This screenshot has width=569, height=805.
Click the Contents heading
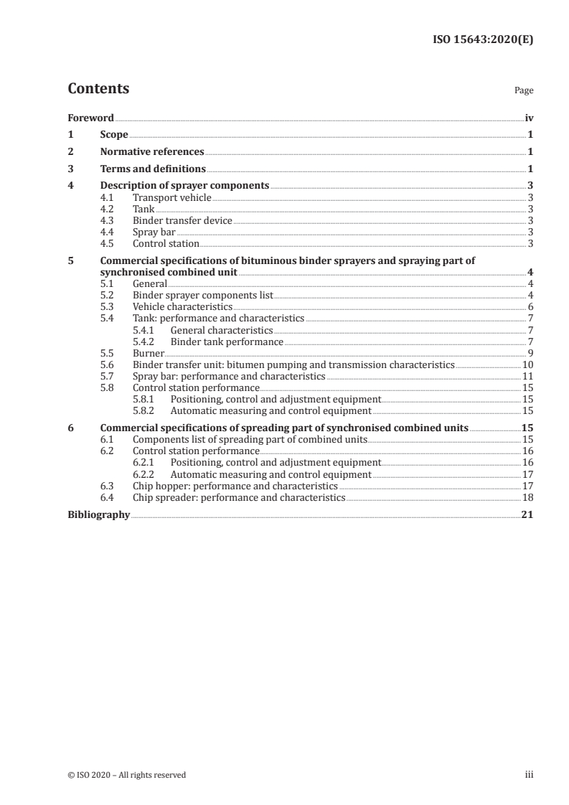tap(98, 89)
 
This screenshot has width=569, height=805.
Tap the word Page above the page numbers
tap(524, 91)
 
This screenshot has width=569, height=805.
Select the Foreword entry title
tap(90, 118)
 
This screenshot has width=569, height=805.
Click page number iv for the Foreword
tap(529, 118)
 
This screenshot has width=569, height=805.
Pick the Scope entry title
tap(114, 135)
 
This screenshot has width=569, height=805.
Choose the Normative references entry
tap(152, 152)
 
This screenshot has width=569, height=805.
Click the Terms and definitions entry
tap(153, 169)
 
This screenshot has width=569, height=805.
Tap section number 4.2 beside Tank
tap(107, 209)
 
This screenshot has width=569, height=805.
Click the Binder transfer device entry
tap(182, 220)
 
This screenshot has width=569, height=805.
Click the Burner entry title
tap(149, 354)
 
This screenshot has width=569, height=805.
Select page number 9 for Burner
tap(530, 354)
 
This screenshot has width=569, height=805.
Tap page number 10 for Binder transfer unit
tap(527, 365)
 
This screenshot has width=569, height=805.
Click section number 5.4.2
tap(145, 342)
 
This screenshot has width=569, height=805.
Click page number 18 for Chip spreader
tap(527, 498)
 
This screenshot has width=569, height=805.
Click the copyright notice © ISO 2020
tap(126, 775)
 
